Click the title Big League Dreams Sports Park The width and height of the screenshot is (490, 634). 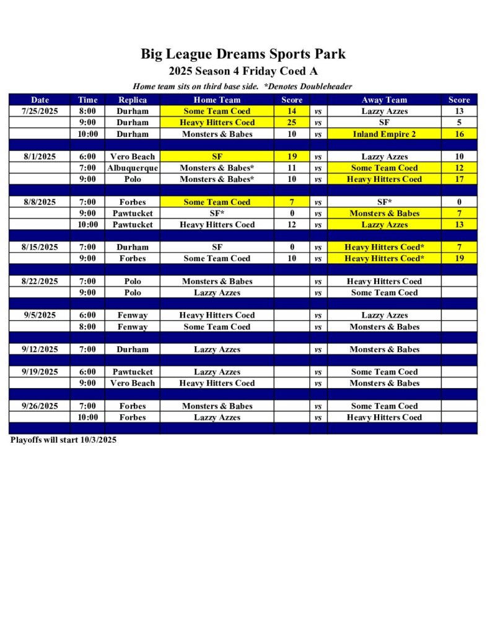tap(243, 54)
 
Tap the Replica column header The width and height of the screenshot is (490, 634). tap(133, 100)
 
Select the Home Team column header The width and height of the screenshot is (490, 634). tap(217, 100)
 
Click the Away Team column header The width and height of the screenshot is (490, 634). tap(384, 100)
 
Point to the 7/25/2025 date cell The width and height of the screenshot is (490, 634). tap(40, 111)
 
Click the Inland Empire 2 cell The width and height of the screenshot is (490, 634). tap(384, 134)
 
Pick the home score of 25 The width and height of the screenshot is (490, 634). tap(292, 123)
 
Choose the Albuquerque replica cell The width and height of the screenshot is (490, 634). tap(133, 168)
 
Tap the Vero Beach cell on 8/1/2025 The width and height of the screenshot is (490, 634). tap(133, 157)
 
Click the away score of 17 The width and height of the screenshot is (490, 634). tap(459, 179)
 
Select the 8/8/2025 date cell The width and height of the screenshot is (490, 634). tap(40, 202)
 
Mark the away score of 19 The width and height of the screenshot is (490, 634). tap(459, 258)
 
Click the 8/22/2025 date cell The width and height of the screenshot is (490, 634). tap(40, 281)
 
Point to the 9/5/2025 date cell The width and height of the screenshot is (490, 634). tap(40, 315)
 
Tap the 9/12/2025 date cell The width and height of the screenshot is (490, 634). tap(40, 349)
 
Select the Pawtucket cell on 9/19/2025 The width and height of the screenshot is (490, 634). tap(133, 372)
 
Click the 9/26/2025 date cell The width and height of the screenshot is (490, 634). tap(40, 406)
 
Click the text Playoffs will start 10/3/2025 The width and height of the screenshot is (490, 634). tap(64, 440)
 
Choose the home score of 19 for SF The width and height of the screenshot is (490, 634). tap(292, 157)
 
